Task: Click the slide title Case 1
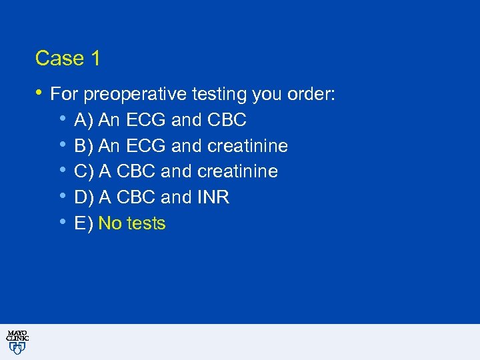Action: pos(67,59)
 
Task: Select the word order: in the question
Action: pos(311,95)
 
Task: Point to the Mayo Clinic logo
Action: pos(17,341)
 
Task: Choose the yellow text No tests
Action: pos(131,223)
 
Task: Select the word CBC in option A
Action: pos(227,121)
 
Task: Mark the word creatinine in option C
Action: pos(237,172)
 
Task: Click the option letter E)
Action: pos(83,223)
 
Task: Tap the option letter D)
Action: pos(84,197)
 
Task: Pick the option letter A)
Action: pos(84,121)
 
